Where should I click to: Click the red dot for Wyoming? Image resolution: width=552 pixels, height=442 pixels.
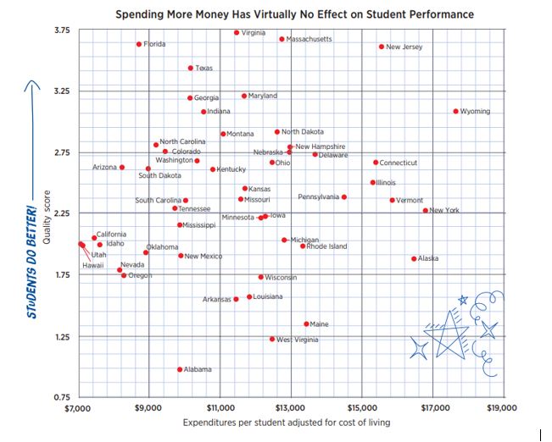(455, 111)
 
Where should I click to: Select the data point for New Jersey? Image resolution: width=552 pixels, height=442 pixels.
(382, 47)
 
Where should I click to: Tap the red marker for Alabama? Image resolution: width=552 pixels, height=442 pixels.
(180, 369)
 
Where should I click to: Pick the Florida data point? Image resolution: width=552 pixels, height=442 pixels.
(139, 44)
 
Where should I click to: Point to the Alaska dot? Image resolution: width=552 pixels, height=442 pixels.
(414, 258)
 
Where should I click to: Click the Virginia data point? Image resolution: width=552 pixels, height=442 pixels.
(237, 32)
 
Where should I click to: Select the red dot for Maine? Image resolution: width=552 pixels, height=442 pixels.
(306, 323)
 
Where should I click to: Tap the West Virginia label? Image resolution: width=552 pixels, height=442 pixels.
(298, 339)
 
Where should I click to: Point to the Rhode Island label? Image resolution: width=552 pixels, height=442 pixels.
(326, 246)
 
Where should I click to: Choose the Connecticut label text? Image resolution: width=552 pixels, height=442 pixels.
(398, 163)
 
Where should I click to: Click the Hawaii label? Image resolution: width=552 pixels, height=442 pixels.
(92, 265)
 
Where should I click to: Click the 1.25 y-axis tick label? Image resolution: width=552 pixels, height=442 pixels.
(60, 337)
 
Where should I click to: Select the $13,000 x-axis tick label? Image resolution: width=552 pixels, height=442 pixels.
(290, 408)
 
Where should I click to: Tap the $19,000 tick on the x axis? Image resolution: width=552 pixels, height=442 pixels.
(502, 408)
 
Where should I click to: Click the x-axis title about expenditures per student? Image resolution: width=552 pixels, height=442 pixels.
(287, 423)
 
